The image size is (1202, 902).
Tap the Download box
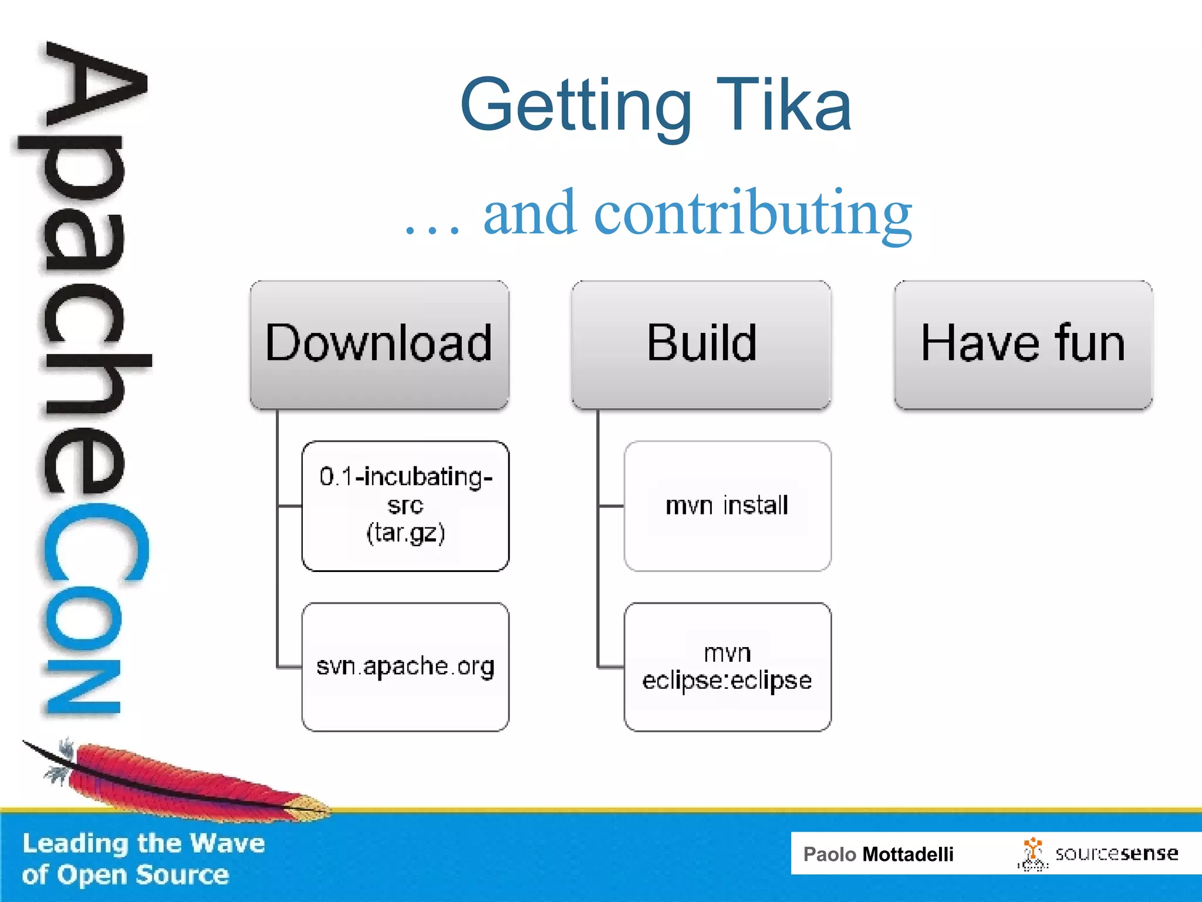(x=379, y=345)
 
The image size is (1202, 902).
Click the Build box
(x=701, y=345)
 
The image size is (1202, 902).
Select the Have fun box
(x=1023, y=345)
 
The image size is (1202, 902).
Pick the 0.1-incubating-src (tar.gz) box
(x=405, y=506)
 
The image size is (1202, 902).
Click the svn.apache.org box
(x=405, y=667)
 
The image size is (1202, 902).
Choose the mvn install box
(x=727, y=506)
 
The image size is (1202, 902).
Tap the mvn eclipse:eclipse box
(x=727, y=667)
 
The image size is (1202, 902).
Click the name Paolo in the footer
(x=829, y=854)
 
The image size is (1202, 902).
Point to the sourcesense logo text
(x=1116, y=853)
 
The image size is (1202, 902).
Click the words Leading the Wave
(x=144, y=843)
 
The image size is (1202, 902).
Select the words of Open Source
(x=125, y=875)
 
